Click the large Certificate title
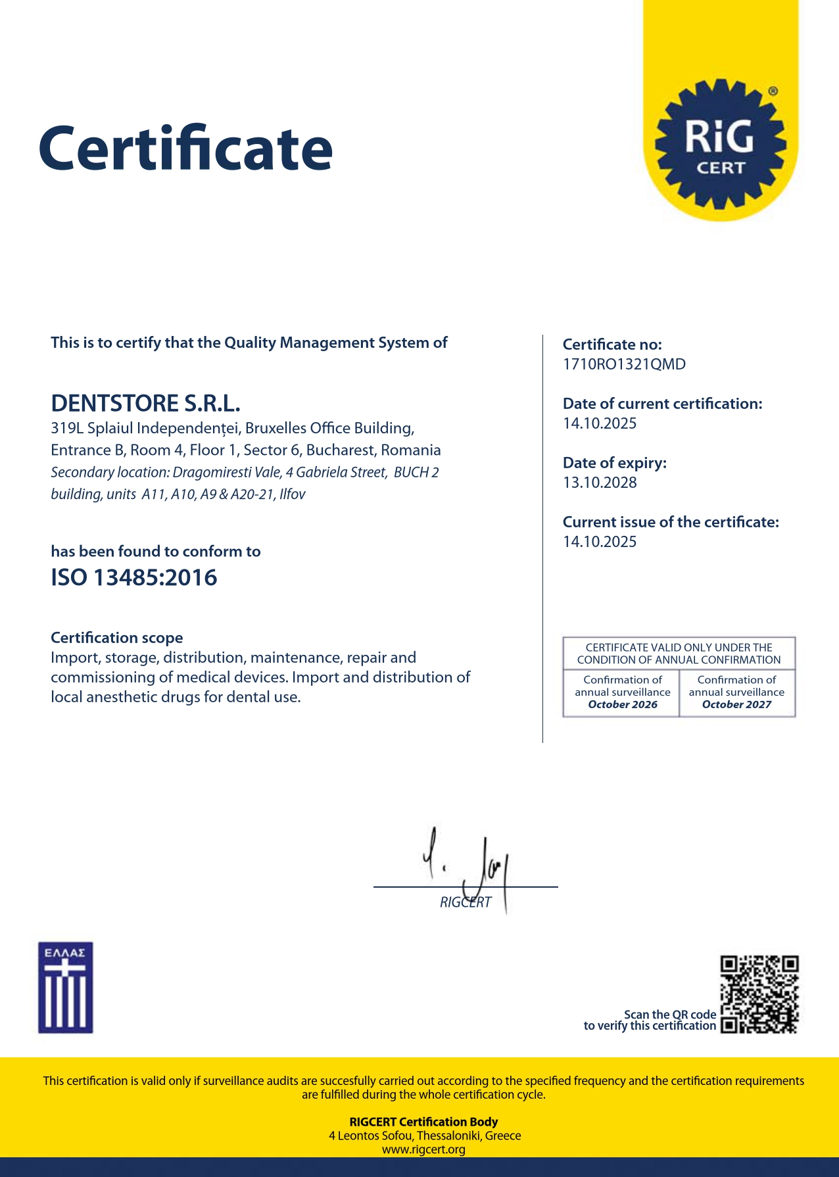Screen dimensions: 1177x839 click(x=185, y=149)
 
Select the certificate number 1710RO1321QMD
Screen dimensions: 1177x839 click(x=624, y=364)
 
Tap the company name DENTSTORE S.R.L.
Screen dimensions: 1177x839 click(x=145, y=403)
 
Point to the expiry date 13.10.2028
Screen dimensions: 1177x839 click(x=600, y=483)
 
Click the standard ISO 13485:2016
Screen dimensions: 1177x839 click(x=134, y=578)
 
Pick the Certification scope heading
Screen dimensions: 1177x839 click(x=117, y=638)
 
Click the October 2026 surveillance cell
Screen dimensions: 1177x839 click(x=622, y=692)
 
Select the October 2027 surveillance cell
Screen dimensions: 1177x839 click(x=736, y=692)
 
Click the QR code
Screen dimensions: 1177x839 click(x=759, y=994)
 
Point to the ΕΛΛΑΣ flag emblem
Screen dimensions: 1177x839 click(x=65, y=988)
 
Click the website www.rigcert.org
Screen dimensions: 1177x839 click(x=423, y=1149)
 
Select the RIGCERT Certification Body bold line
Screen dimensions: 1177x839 click(x=423, y=1122)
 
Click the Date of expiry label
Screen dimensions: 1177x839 click(x=614, y=463)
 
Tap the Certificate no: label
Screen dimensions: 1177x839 click(x=612, y=345)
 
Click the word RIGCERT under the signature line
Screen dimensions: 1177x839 click(x=466, y=902)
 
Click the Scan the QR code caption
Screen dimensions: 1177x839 click(x=669, y=1015)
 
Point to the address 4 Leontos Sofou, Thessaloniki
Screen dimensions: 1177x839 click(x=425, y=1136)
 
